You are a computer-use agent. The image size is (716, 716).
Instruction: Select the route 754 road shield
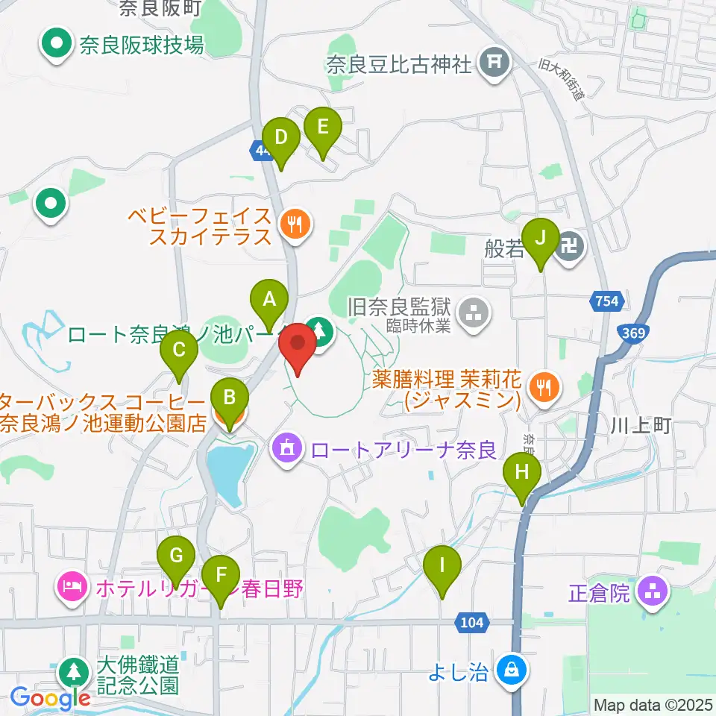click(x=607, y=301)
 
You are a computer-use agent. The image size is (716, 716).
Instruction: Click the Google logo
click(x=51, y=698)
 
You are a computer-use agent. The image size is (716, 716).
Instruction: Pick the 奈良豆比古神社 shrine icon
click(x=494, y=63)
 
